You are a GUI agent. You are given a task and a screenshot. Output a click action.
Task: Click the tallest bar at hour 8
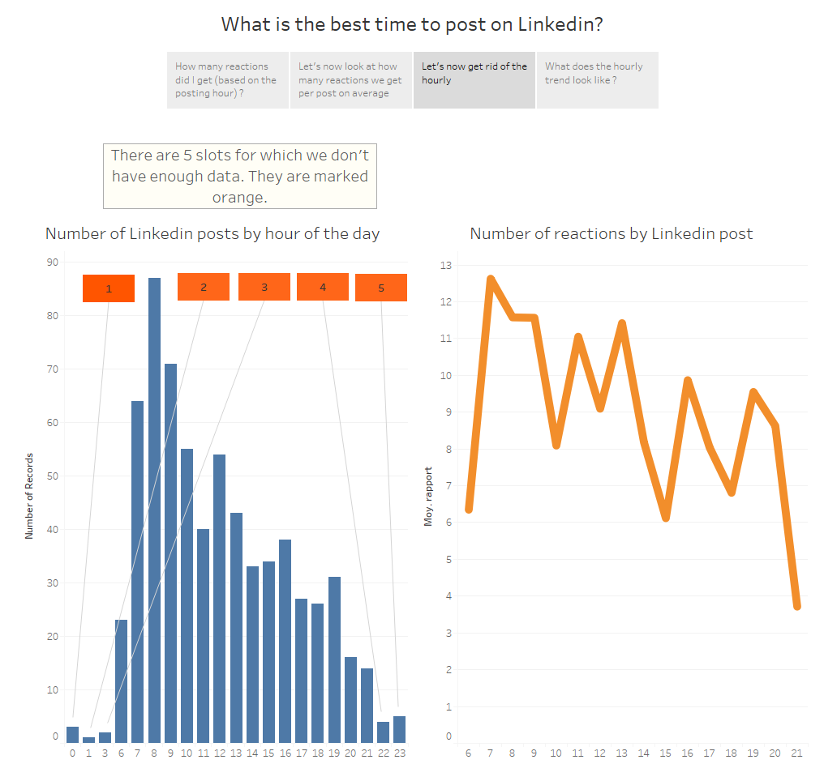point(154,510)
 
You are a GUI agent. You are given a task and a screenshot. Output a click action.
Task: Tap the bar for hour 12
point(220,599)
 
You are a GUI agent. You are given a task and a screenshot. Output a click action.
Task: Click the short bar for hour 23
point(399,729)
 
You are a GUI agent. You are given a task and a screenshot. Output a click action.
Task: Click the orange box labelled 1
point(109,288)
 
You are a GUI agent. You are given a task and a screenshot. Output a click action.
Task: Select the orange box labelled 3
point(264,287)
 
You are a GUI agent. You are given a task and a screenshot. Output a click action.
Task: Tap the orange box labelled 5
point(381,288)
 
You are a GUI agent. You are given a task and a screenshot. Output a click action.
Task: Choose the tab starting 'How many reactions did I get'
point(228,79)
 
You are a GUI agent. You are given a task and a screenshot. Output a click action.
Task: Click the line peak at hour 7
point(491,280)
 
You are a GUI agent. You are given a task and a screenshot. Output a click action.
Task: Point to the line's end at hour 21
point(797,604)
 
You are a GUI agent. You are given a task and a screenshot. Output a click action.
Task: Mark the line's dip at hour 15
point(666,516)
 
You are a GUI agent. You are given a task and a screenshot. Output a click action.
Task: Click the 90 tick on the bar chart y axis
point(53,262)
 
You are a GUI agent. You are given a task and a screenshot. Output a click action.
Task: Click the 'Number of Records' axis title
point(29,496)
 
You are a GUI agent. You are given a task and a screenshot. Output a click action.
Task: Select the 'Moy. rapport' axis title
point(428,496)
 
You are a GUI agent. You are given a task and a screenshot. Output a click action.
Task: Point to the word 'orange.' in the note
point(240,197)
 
